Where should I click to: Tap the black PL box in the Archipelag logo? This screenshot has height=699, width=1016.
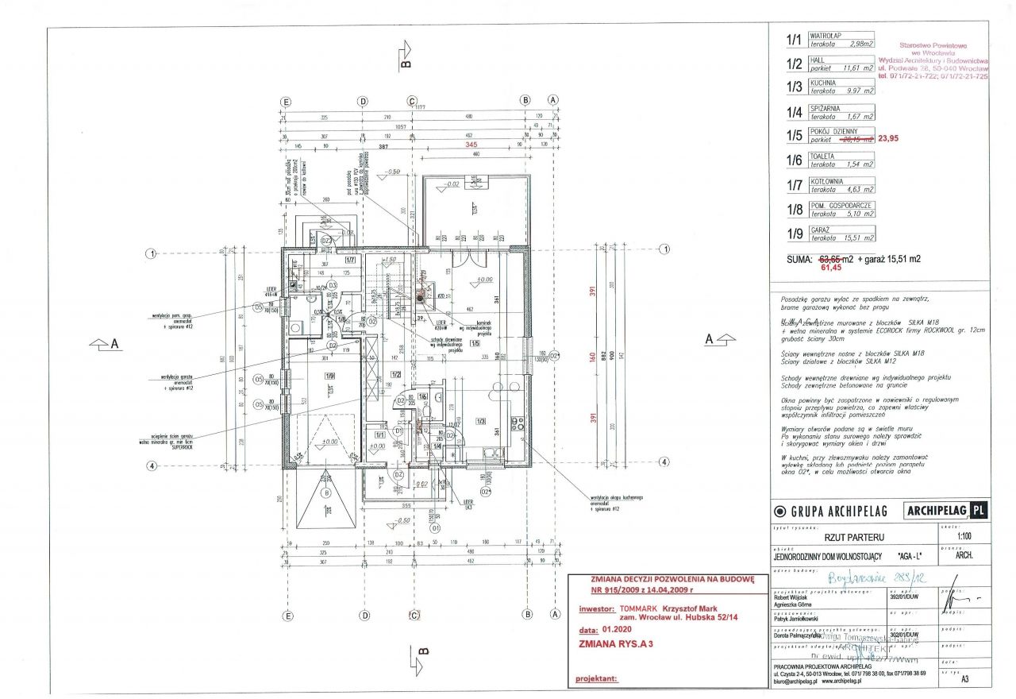[x=978, y=510]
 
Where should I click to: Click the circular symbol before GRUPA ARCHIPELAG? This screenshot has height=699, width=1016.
[x=780, y=512]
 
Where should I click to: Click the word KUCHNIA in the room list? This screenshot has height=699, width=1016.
[x=823, y=83]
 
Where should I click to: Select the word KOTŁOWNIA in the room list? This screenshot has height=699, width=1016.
[x=826, y=182]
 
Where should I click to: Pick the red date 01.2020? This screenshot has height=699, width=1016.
[x=619, y=628]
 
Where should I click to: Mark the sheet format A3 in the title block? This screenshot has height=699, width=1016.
[x=964, y=679]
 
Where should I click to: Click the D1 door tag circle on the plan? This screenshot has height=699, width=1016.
[x=435, y=527]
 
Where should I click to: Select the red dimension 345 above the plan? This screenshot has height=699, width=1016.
[x=471, y=146]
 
